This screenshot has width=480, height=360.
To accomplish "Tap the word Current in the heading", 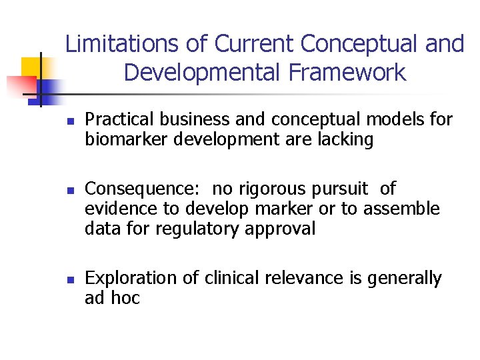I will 254,44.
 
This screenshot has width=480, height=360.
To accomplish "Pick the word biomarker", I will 127,139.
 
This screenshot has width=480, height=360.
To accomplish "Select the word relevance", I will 309,278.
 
